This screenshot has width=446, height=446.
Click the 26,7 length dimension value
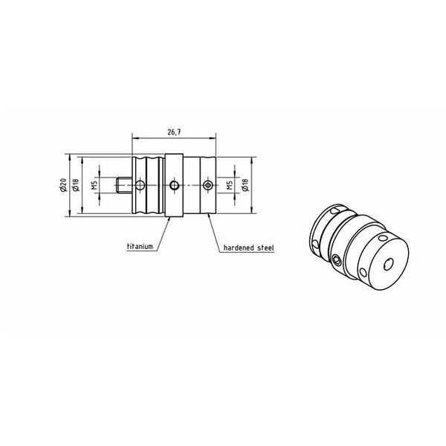click(175, 132)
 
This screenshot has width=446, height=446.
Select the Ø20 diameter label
click(63, 185)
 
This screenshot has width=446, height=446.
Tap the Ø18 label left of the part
click(76, 185)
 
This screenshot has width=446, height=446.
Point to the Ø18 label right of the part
click(246, 185)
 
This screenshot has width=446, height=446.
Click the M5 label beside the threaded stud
click(94, 185)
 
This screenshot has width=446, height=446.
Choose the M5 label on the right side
click(230, 185)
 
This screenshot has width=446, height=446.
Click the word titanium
click(140, 246)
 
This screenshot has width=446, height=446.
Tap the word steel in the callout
click(265, 248)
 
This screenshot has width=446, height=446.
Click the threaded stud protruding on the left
click(124, 185)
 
